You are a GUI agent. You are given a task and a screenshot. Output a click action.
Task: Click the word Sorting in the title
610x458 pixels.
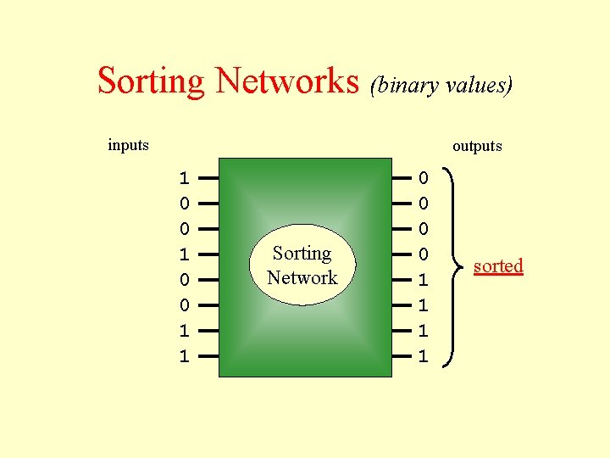151,81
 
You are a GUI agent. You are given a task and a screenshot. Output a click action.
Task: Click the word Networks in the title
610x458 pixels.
287,81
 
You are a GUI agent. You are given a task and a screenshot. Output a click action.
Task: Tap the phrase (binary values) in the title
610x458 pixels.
441,86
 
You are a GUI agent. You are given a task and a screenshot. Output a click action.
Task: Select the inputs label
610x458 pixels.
128,145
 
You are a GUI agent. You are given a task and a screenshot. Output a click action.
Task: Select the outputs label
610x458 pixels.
477,146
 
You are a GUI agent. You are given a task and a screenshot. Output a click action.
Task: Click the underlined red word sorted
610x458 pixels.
498,266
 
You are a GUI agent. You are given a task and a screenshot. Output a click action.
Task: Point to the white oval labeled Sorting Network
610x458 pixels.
302,265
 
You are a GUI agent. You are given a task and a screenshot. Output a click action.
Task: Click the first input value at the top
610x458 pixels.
183,178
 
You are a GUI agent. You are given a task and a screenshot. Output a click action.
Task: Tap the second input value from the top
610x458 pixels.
183,204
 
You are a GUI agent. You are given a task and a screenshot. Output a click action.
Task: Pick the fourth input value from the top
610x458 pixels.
183,254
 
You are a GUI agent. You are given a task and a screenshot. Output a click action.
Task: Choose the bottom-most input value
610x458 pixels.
183,356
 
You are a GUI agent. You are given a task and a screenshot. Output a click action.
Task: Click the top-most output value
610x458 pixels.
424,178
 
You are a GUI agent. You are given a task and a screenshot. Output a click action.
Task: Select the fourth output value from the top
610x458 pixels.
424,254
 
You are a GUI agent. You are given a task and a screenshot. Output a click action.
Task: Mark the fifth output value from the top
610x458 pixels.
424,280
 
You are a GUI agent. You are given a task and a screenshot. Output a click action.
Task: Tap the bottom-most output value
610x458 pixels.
424,356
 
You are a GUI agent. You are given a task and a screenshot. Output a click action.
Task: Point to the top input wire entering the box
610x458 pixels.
208,178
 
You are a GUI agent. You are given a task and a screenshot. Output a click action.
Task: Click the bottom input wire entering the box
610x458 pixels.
208,356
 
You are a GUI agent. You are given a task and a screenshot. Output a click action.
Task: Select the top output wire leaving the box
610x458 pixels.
402,178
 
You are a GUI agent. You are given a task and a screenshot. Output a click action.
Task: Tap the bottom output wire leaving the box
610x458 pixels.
402,356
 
